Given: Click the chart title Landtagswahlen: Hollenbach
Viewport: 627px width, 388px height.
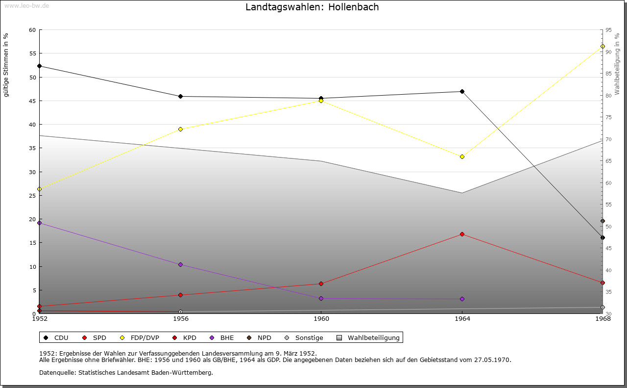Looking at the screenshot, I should [312, 7].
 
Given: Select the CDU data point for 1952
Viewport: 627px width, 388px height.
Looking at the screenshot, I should [39, 66].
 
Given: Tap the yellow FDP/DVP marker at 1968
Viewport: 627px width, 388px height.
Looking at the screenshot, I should [603, 46].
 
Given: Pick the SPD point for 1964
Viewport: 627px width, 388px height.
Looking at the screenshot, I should [462, 234].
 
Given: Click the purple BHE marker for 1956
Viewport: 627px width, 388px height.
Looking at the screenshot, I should [180, 264].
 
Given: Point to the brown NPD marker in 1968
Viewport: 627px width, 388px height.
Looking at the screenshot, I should [603, 221].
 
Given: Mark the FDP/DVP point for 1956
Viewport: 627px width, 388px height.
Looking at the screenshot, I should [180, 129].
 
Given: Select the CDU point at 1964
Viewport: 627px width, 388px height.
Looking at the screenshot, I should [462, 91].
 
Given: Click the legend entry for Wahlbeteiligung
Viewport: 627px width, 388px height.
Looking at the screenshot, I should [373, 337].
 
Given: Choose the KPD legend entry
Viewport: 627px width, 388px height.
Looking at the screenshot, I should [189, 337].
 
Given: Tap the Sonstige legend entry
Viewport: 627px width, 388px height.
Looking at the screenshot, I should [309, 337].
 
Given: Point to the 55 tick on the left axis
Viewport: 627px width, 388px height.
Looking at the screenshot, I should [32, 53].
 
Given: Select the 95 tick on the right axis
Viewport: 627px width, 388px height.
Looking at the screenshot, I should [608, 30].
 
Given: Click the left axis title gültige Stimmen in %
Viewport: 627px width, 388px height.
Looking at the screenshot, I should [6, 65].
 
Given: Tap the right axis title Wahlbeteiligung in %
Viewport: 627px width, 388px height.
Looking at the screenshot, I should [617, 64].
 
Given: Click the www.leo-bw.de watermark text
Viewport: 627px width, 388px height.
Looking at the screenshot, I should [26, 5].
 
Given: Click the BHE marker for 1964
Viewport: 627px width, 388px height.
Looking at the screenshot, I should [462, 299].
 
